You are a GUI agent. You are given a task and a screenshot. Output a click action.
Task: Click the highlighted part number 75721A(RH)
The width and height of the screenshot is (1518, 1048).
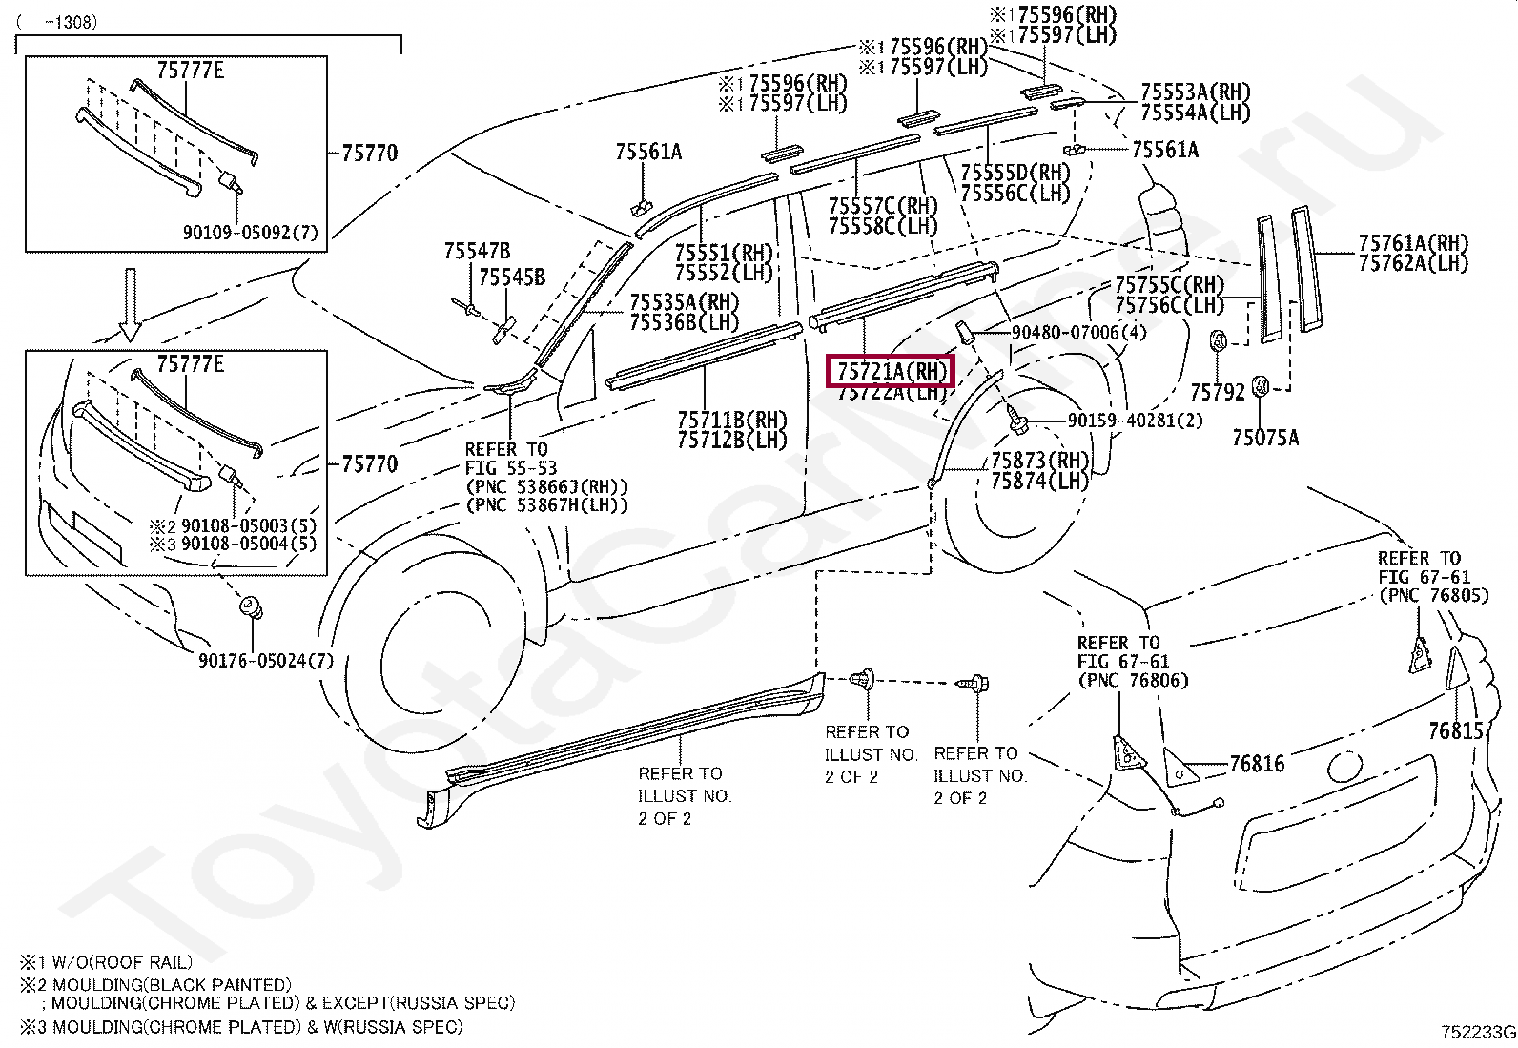[x=892, y=370]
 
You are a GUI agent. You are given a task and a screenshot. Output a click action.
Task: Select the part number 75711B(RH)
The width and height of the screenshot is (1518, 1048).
[x=732, y=420]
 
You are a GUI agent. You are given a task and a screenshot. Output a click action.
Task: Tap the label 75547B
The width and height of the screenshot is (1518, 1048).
[x=477, y=252]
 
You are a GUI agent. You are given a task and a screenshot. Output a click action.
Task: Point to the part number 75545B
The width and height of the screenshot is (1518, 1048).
[x=512, y=277]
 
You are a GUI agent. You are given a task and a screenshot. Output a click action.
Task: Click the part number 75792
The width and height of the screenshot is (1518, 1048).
[x=1218, y=391]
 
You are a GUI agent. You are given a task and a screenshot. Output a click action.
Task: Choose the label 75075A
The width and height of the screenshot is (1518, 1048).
[x=1264, y=438]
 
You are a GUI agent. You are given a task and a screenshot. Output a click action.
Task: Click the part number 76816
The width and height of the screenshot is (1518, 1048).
[x=1257, y=764]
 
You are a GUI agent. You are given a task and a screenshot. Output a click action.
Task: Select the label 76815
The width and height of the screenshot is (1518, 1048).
[x=1456, y=730]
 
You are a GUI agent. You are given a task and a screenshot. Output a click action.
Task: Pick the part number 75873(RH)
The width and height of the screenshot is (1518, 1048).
[x=1039, y=460]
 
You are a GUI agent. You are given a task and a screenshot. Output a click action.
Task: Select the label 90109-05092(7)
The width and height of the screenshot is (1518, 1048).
[x=252, y=232]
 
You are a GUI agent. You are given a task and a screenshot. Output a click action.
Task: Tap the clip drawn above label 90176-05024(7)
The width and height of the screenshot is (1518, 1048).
[x=251, y=607]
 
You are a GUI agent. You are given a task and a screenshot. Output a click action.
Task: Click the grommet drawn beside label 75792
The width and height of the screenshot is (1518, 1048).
[x=1219, y=340]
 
